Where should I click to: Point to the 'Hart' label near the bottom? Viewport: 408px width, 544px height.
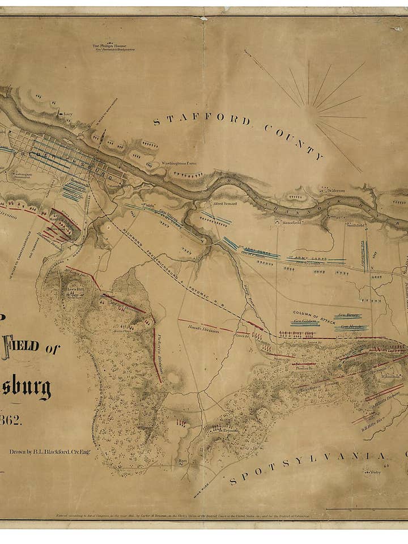coord(182,460)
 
